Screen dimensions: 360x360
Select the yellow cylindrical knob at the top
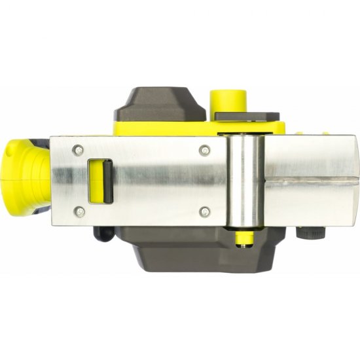coord(228,98)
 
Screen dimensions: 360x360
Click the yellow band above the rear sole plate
coord(164,129)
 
